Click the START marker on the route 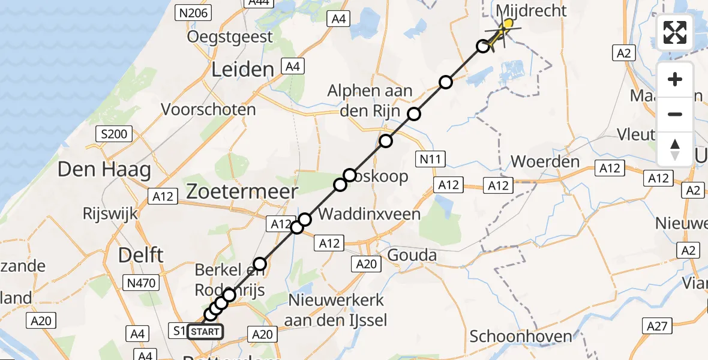(x=205, y=331)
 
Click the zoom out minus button (x=675, y=114)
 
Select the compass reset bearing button (x=675, y=148)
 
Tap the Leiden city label (x=242, y=70)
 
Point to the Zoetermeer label (x=242, y=192)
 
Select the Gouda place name (x=413, y=255)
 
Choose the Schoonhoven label (x=521, y=337)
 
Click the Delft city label (x=141, y=254)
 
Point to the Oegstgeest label (x=230, y=37)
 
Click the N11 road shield (x=430, y=159)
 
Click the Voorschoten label (x=209, y=110)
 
